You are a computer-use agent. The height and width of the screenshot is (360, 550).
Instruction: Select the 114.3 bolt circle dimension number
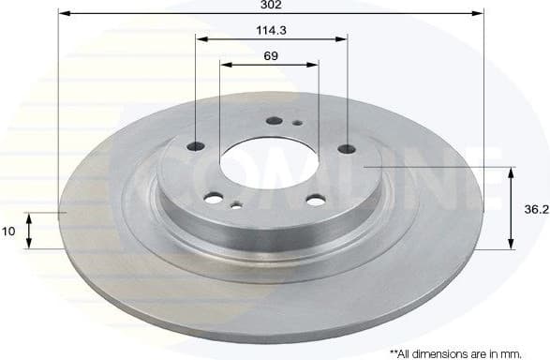point(271,30)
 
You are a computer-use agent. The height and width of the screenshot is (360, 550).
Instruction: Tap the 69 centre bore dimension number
point(270,55)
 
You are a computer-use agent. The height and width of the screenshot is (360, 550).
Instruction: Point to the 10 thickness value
point(8,231)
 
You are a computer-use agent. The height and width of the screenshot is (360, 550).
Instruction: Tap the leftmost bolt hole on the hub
point(197,145)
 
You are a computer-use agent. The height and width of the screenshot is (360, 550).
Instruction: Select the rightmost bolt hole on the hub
point(347,147)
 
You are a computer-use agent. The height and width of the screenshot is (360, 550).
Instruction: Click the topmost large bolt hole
point(274,120)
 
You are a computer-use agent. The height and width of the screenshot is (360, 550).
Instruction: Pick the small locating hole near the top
point(296,123)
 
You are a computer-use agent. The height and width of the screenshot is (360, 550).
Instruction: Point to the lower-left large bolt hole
point(214,198)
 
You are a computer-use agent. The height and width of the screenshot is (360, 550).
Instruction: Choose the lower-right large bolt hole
point(316,200)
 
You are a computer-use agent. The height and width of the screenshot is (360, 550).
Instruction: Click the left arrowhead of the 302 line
point(62,13)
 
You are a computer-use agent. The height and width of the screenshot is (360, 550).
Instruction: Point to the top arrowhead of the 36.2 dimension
point(512,172)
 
